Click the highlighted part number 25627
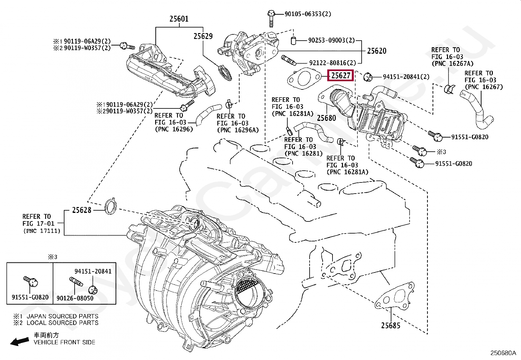[x=341, y=76]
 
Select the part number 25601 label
[x=179, y=19]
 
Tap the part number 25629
[x=203, y=36]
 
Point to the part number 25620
[x=376, y=51]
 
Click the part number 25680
[x=326, y=118]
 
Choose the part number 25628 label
[x=82, y=210]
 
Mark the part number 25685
[x=390, y=325]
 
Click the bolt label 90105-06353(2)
[x=308, y=14]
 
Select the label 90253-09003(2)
[x=331, y=41]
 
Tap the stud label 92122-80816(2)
[x=332, y=63]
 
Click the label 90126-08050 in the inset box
[x=75, y=298]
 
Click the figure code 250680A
[x=503, y=353]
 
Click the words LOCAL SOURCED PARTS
[x=62, y=323]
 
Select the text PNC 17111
[x=42, y=231]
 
